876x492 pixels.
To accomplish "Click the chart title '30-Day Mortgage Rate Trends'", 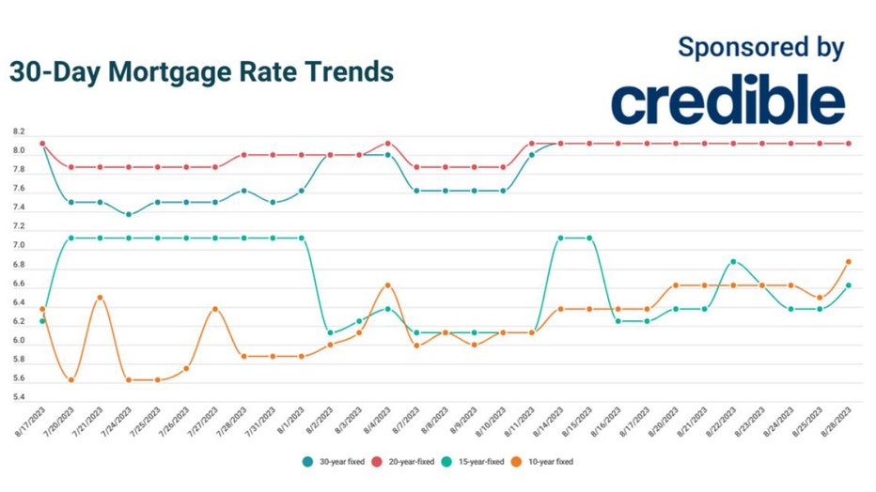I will [x=201, y=72].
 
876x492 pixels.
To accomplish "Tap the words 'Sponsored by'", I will [x=760, y=47].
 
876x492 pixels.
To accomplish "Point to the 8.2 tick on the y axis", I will [x=19, y=132].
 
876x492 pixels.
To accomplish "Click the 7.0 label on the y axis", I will [x=19, y=247].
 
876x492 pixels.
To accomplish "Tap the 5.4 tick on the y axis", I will [x=19, y=398].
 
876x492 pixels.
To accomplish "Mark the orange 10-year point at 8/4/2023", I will [x=388, y=285].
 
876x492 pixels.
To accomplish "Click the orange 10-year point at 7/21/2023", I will [x=101, y=298].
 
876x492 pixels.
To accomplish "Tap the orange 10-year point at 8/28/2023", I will [x=848, y=262].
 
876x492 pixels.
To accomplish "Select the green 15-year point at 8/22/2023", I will [x=733, y=262].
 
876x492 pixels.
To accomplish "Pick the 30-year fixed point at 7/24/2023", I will [x=129, y=214].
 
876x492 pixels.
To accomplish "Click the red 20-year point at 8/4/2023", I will [x=388, y=144].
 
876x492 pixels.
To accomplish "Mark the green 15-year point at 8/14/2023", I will [x=560, y=238].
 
